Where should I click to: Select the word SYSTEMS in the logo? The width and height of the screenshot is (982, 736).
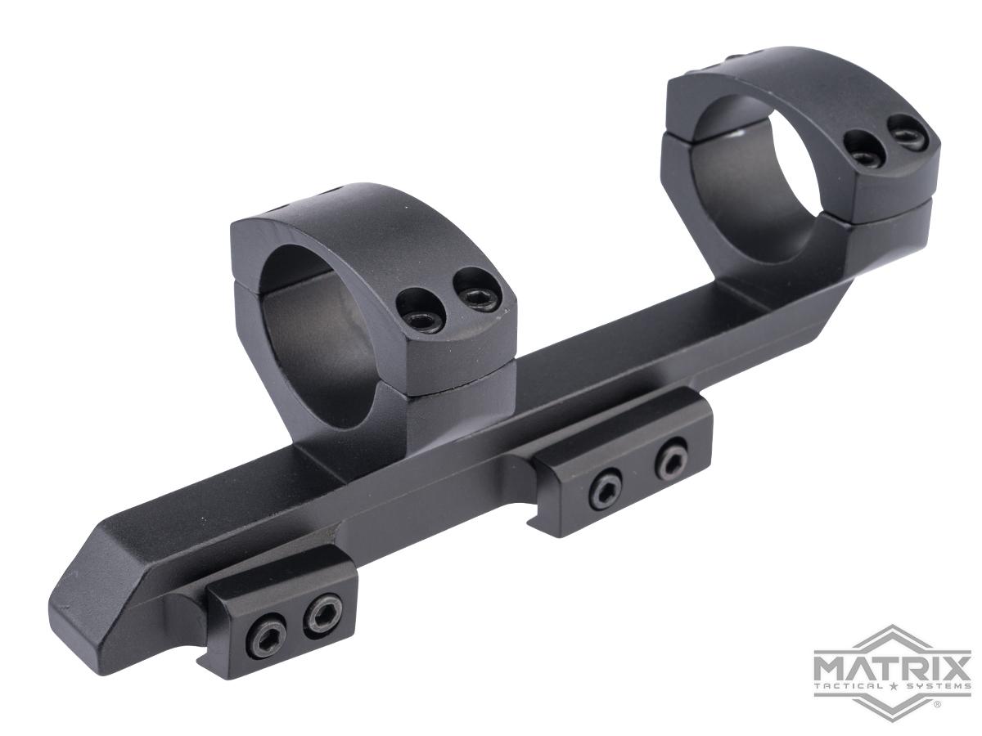pyautogui.click(x=938, y=686)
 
